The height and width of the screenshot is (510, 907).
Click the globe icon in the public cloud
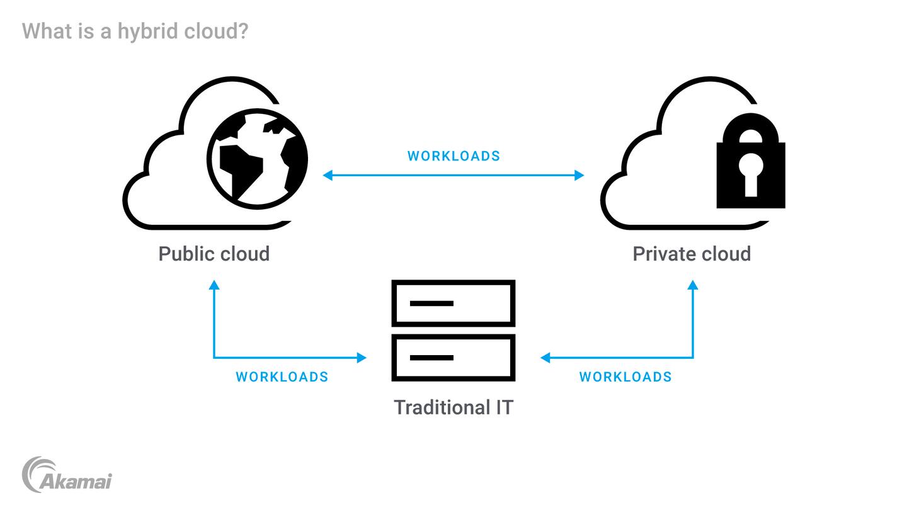pos(258,161)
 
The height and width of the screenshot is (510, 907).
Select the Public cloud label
pos(214,254)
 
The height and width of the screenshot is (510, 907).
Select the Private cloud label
pos(692,254)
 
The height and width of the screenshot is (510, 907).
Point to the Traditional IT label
pos(453,407)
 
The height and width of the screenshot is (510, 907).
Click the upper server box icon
pos(453,303)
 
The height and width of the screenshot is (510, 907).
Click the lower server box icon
pos(453,358)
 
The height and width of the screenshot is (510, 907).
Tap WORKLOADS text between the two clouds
pos(453,156)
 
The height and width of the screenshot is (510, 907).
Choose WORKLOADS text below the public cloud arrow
pos(282,377)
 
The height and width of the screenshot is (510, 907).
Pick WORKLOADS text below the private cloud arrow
pos(625,377)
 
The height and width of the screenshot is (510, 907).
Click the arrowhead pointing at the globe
pos(328,176)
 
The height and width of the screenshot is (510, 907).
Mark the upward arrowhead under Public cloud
pos(214,286)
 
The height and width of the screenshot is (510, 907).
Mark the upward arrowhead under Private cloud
pos(693,286)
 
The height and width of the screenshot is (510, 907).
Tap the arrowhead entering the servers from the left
pos(362,358)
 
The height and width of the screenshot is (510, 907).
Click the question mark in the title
pos(241,30)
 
